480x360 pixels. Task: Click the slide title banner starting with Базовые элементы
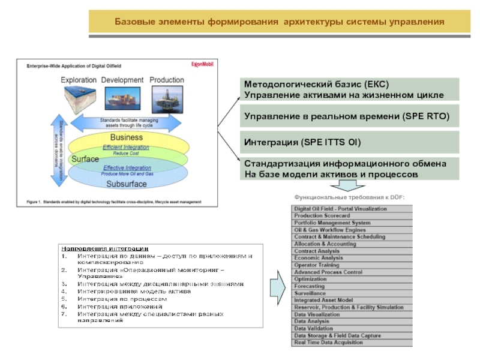pyautogui.click(x=280, y=22)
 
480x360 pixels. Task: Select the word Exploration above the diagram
pyautogui.click(x=78, y=80)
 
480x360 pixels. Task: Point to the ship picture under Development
pyautogui.click(x=121, y=99)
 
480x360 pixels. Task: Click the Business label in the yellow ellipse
pyautogui.click(x=126, y=138)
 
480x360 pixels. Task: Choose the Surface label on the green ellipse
pyautogui.click(x=85, y=159)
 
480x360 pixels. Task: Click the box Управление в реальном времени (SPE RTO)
pyautogui.click(x=349, y=116)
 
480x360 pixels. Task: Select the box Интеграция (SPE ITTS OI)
pyautogui.click(x=349, y=142)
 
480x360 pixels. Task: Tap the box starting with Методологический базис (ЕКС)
pyautogui.click(x=349, y=89)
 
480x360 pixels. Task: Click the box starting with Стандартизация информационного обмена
pyautogui.click(x=349, y=169)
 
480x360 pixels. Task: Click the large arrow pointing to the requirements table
pyautogui.click(x=277, y=282)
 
